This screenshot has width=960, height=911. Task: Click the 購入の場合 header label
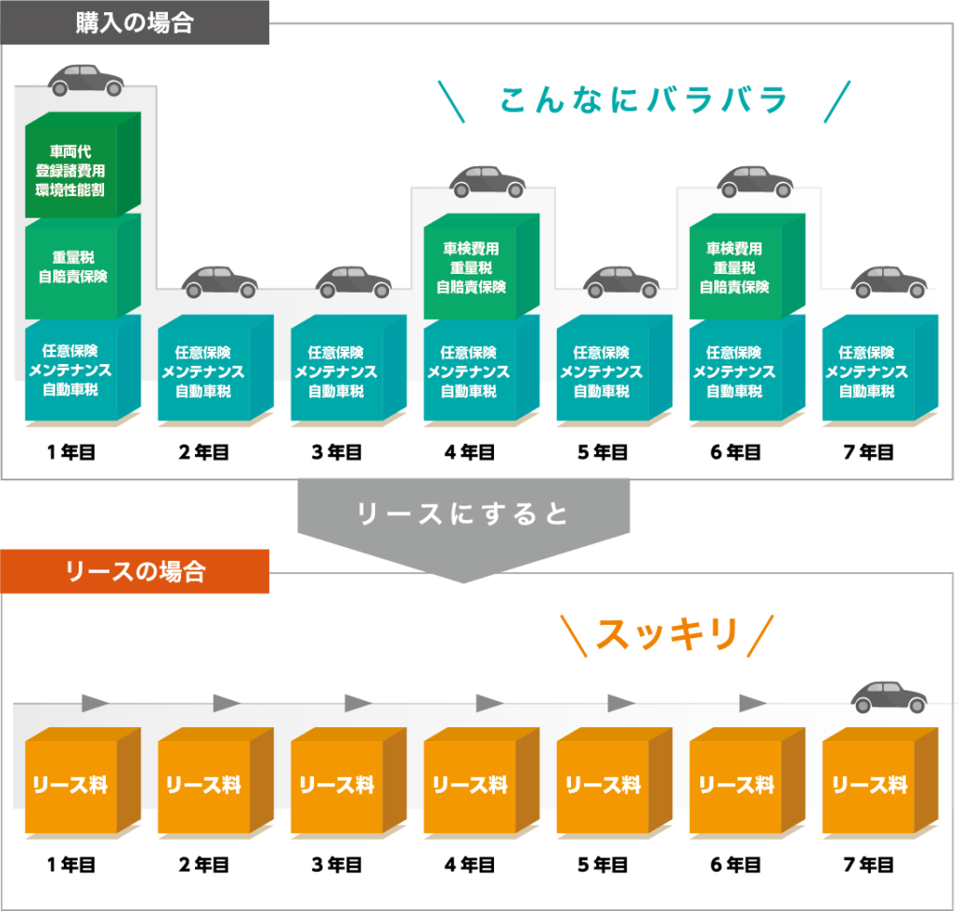(x=134, y=23)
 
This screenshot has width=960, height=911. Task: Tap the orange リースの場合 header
(x=134, y=571)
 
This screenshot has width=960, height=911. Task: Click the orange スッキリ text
(x=667, y=635)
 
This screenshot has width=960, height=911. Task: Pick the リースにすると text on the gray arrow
(x=463, y=513)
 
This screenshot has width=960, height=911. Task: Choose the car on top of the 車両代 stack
(x=86, y=81)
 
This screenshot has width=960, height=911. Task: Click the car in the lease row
(x=888, y=696)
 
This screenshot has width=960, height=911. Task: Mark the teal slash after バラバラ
(x=836, y=101)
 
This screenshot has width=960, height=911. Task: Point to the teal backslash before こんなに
(x=451, y=101)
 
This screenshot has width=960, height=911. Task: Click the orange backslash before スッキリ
(x=574, y=635)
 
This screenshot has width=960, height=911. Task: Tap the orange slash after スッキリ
(x=761, y=635)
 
